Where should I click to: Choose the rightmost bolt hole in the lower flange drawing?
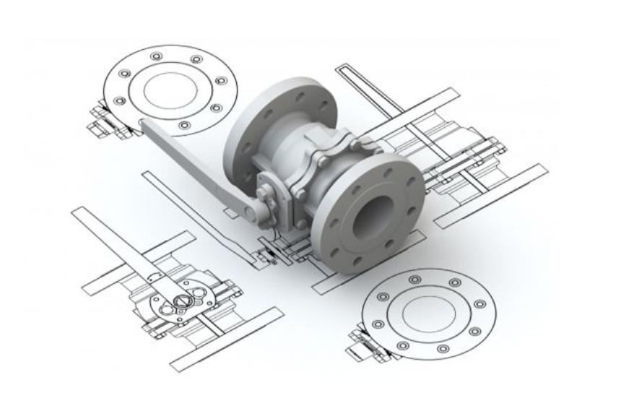point(480,304)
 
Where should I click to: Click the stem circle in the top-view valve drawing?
point(181,296)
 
